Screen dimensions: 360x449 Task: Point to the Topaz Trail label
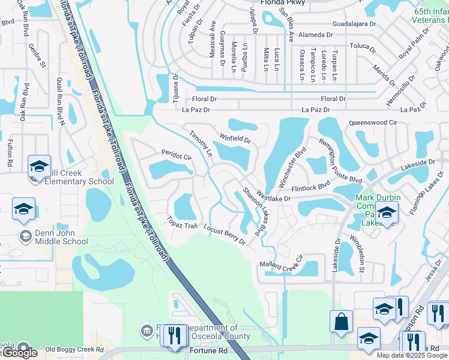(x=182, y=222)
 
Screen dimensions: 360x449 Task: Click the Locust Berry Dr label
(x=224, y=235)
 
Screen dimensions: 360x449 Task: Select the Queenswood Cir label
(x=373, y=122)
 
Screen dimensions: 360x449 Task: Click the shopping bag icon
(x=342, y=321)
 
